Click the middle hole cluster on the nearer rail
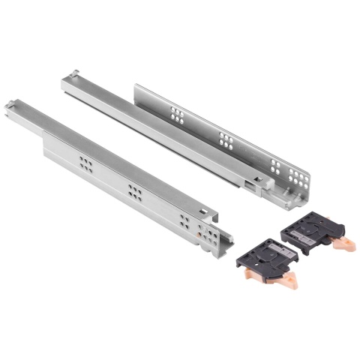pos(135,190)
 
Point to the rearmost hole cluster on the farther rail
pos(178,114)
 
